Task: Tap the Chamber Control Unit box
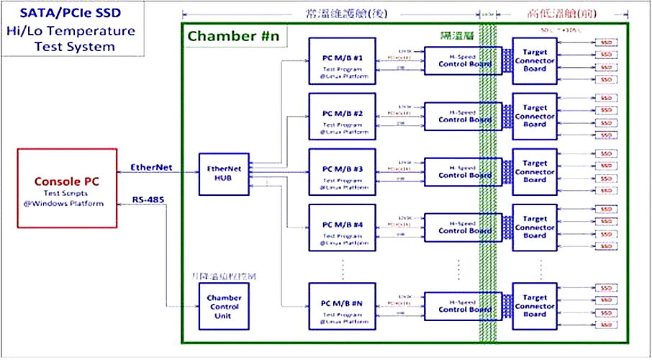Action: (x=225, y=306)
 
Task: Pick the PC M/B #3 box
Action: (x=342, y=172)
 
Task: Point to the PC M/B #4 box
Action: (x=342, y=228)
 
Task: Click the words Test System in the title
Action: (x=75, y=47)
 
